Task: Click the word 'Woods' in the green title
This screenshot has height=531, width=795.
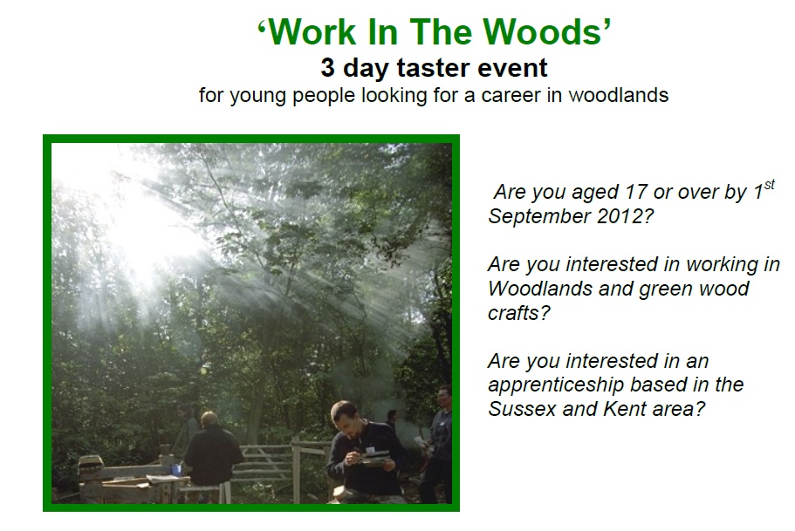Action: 542,32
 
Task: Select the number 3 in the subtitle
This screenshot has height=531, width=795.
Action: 327,67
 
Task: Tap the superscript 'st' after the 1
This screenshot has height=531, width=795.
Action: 769,185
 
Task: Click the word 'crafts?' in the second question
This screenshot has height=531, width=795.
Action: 519,313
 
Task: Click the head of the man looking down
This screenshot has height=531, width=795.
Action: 346,416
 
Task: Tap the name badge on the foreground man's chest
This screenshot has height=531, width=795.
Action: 371,449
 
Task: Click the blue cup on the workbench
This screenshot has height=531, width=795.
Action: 176,470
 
